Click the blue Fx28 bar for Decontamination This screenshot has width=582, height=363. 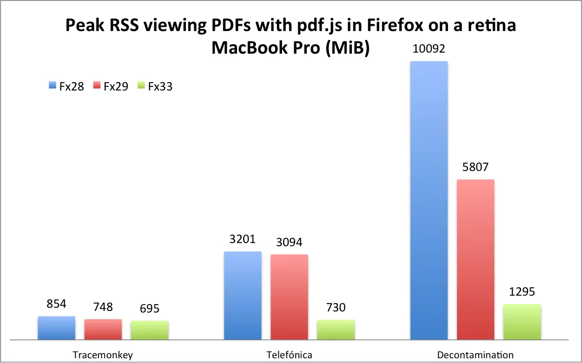[429, 200]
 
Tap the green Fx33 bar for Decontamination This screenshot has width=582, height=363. [522, 321]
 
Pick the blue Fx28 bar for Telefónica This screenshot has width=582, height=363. [243, 295]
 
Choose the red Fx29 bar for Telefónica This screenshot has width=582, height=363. [289, 297]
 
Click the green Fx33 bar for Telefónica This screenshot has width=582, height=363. [336, 329]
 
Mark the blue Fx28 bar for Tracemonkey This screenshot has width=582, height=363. [56, 328]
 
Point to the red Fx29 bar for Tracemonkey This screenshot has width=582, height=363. [103, 329]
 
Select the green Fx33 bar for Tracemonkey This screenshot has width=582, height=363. [150, 330]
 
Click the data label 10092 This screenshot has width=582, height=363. [428, 49]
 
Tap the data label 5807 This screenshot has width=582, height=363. [475, 168]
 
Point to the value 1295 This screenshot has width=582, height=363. [522, 293]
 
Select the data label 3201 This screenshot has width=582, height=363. [242, 240]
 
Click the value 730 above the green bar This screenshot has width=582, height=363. [336, 308]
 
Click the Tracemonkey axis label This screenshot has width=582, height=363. [103, 355]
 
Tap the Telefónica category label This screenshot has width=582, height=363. [289, 355]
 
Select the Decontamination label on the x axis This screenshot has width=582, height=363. [475, 355]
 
